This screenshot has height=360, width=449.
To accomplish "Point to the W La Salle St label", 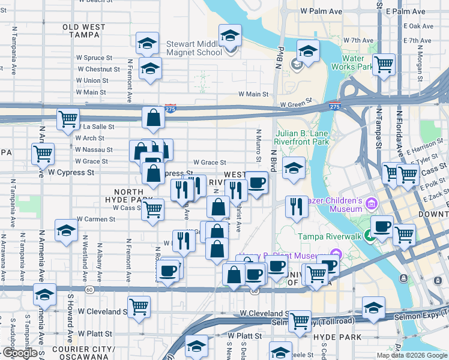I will [x=93, y=127].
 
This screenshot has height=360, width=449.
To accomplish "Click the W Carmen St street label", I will [x=96, y=220].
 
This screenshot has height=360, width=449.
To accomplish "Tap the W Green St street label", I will [x=296, y=104].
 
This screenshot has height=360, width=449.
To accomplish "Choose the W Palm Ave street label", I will [x=321, y=11].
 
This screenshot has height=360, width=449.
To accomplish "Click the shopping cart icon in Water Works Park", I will [x=384, y=64].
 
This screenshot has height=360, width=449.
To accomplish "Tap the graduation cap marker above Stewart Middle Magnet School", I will [x=230, y=35].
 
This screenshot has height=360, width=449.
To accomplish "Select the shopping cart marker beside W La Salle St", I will [x=68, y=118].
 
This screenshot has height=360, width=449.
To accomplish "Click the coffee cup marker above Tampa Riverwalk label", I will [x=382, y=226].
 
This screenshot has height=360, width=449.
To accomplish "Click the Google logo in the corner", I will [x=20, y=353].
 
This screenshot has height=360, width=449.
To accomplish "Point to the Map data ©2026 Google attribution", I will [x=411, y=355].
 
